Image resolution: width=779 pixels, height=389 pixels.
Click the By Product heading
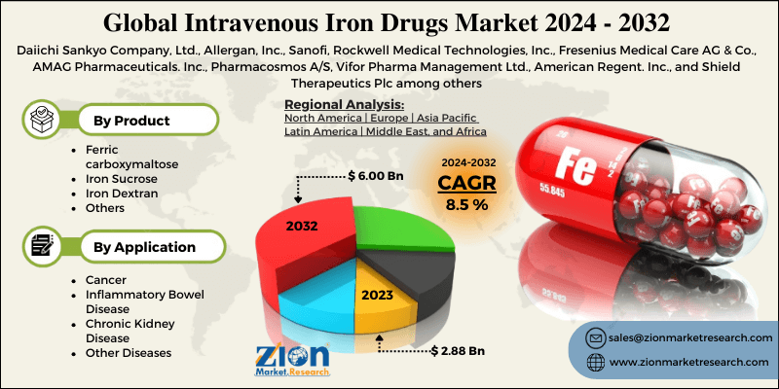pos(131,121)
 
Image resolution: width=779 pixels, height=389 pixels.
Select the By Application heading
pos(143,247)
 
